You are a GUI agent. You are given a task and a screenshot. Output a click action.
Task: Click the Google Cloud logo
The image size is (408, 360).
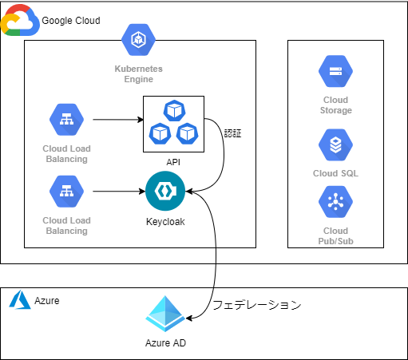pos(20,20)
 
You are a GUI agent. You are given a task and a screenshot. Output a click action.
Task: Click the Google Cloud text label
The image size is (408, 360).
pos(71,21)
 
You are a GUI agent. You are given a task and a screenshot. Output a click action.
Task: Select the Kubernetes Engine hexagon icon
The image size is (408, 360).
pos(138,40)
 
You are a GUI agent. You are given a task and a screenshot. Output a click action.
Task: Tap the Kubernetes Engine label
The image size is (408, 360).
pos(138,74)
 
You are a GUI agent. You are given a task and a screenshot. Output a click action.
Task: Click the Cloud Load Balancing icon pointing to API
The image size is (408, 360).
pos(66,120)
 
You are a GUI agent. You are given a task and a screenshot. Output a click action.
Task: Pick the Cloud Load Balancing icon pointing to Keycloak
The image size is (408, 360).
pos(66,192)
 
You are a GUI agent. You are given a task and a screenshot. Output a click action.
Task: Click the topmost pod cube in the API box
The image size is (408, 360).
pos(174,110)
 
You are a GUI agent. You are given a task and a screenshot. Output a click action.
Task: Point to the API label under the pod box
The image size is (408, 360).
pos(173,162)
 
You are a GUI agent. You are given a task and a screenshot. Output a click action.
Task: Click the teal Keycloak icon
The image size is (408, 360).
pos(165,191)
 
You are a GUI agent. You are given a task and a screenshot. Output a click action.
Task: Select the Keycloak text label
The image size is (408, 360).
pos(165,222)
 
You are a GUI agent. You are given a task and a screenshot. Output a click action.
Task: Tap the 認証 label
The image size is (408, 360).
pos(232,133)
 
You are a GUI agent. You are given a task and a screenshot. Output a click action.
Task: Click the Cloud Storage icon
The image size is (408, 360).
pos(335,71)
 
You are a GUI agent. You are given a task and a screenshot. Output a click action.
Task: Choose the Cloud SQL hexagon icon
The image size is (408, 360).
pos(335,144)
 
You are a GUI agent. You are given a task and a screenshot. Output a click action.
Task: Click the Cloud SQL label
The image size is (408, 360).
pos(335,173)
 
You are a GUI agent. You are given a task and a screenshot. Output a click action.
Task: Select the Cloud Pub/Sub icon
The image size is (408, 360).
pos(335,202)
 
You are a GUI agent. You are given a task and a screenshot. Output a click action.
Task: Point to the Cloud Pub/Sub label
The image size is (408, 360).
pos(335,235)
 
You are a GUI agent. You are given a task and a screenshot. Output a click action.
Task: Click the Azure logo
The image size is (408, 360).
pos(20,299)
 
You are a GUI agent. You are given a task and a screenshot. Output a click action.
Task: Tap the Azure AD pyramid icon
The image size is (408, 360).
pos(165,314)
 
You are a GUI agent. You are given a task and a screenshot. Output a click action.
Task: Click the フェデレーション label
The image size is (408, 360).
pos(257,305)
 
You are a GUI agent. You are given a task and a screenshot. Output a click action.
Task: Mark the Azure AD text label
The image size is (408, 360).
pos(165,343)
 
